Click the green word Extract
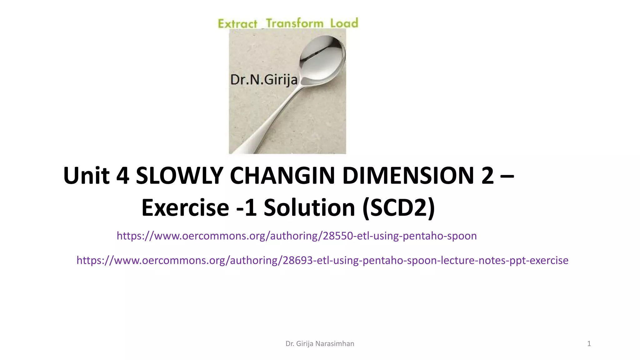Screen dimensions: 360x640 (x=237, y=24)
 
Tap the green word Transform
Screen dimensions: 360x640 (x=295, y=23)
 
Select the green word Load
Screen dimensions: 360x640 (x=344, y=23)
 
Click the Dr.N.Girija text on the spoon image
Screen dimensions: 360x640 (x=264, y=80)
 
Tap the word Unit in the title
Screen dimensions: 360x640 (x=86, y=176)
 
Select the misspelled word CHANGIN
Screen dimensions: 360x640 (x=282, y=176)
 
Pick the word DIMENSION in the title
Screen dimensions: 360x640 (x=408, y=176)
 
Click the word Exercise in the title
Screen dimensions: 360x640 (x=185, y=207)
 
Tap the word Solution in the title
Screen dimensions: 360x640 (x=309, y=207)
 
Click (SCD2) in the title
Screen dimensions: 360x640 (x=399, y=207)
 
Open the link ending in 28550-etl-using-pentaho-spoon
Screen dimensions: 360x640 (x=297, y=236)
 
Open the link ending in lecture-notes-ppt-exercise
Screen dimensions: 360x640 (x=322, y=260)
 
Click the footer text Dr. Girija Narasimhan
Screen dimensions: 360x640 (x=320, y=344)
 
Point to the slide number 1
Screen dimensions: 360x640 (x=589, y=344)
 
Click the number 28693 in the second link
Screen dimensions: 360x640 (x=297, y=260)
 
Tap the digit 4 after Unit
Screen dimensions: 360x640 (x=122, y=176)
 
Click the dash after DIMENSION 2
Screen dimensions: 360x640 (x=507, y=176)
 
